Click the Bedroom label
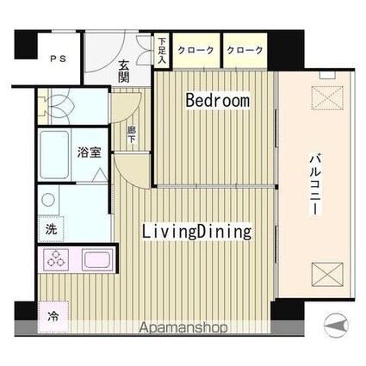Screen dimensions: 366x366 [x=218, y=100]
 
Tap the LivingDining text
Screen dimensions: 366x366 [x=197, y=232]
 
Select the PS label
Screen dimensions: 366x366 [x=59, y=59]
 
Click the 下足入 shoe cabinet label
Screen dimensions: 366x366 [x=162, y=51]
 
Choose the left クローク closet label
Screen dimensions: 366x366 [x=195, y=50]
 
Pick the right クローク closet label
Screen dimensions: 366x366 [x=245, y=50]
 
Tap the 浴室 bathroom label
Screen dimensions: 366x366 [x=90, y=152]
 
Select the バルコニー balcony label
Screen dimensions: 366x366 [x=314, y=184]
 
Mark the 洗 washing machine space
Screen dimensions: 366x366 [x=51, y=229]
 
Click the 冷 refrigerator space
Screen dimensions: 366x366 [x=53, y=316]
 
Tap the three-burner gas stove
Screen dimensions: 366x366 [x=56, y=259]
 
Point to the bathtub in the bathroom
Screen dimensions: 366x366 [x=54, y=155]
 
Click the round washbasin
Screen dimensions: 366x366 [x=48, y=200]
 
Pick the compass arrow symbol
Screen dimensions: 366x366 [x=336, y=326]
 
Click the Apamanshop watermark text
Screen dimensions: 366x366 [x=183, y=327]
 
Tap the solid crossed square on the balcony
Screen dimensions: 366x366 [x=327, y=274]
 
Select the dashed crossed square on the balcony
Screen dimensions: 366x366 [x=327, y=97]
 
